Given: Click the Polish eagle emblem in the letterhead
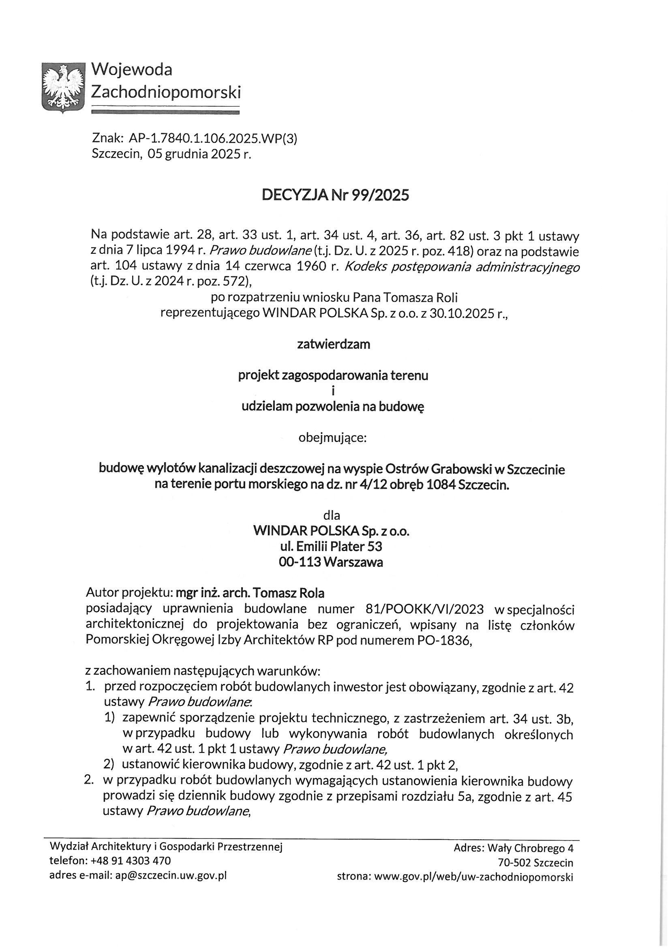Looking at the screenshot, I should click(63, 87).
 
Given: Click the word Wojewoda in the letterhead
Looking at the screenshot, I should click(131, 69).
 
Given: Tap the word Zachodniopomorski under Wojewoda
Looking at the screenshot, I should click(165, 91).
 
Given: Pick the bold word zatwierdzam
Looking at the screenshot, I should click(334, 344).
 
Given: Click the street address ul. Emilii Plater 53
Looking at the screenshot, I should click(331, 546).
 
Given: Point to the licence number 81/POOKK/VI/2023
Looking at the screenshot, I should click(424, 609).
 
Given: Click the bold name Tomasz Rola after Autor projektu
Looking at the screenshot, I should click(288, 593).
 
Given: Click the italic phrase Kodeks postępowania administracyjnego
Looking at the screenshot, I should click(462, 267).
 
